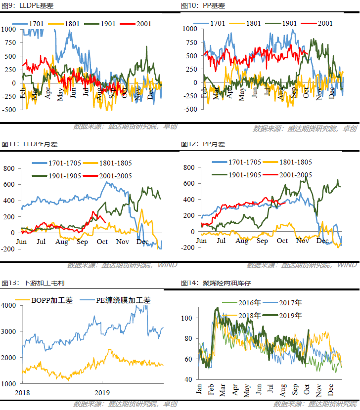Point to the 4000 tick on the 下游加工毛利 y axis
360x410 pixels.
9,305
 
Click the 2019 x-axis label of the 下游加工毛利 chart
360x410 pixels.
102,393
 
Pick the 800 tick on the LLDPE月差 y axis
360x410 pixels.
10,168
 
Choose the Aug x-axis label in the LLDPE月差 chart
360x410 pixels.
62,242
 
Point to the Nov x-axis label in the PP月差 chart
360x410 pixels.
302,241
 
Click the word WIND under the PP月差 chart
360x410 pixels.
346,265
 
